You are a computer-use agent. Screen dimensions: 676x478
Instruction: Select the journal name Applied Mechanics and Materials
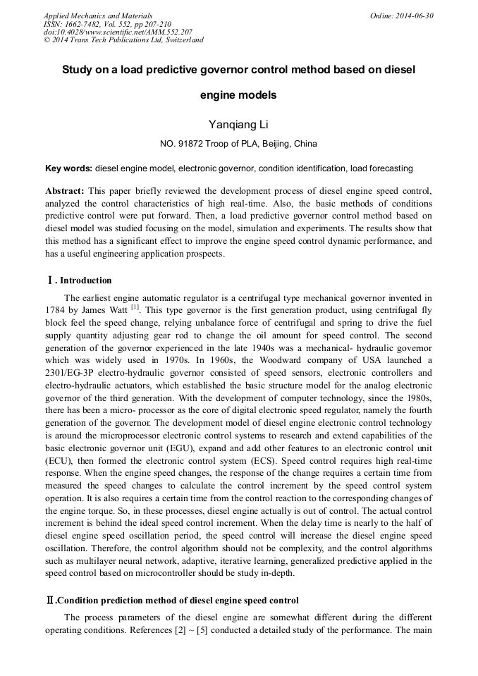tap(98, 16)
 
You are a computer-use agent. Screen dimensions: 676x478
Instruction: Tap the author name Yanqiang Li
tap(238, 124)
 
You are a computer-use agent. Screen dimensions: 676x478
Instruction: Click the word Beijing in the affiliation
tap(278, 144)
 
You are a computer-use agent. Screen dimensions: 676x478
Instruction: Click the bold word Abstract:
tap(65, 192)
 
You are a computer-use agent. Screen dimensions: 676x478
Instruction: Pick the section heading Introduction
tap(85, 281)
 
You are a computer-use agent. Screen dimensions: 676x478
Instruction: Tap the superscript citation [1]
tap(135, 307)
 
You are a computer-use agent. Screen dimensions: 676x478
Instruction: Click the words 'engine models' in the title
tap(238, 95)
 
